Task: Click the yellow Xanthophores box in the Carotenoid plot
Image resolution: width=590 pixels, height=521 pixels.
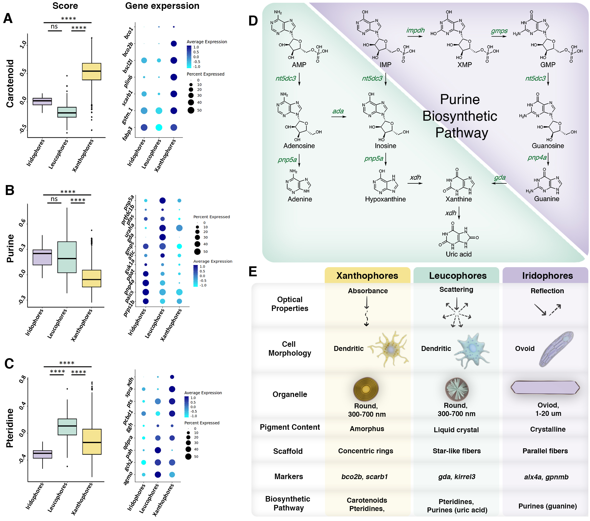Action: [x=92, y=71]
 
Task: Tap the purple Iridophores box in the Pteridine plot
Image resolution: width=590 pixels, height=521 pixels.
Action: [x=42, y=454]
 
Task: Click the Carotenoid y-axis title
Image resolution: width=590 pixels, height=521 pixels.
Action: [x=10, y=84]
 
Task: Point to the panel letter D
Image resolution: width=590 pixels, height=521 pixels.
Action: [x=253, y=21]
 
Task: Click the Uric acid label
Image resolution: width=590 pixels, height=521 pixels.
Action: [x=458, y=254]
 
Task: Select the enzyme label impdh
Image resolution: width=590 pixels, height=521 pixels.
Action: [x=415, y=30]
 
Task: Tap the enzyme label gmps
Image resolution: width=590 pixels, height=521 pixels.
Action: [x=499, y=31]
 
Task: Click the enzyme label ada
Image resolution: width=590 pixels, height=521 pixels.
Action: [x=338, y=111]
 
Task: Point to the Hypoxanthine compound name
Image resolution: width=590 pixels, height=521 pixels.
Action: [x=385, y=199]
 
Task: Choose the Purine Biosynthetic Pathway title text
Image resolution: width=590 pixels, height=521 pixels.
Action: [x=460, y=116]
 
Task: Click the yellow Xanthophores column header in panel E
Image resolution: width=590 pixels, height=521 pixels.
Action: [x=367, y=275]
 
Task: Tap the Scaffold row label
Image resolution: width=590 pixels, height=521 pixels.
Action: [x=288, y=451]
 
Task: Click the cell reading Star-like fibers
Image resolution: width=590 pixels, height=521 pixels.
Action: [x=457, y=451]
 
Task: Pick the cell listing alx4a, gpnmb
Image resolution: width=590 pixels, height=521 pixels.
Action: [x=546, y=477]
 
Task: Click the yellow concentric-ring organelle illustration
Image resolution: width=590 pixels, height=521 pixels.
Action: [x=366, y=389]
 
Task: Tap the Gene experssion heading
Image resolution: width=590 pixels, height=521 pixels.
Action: [x=162, y=6]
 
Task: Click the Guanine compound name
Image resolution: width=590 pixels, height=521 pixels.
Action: [x=546, y=199]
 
